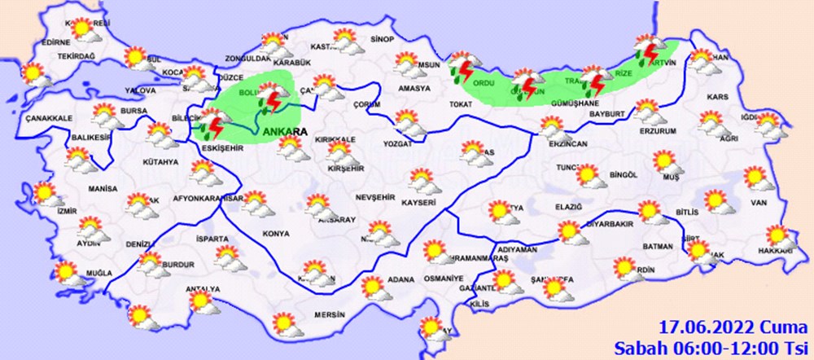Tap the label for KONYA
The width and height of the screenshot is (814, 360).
pyautogui.click(x=276, y=234)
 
